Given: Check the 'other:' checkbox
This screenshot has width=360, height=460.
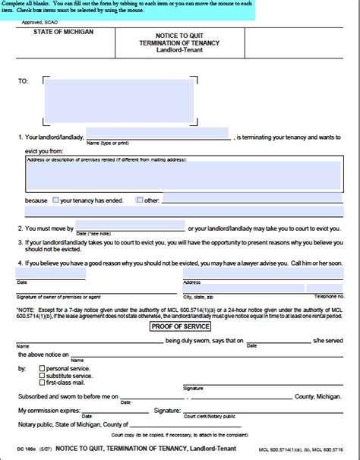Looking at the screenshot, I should tap(139, 200).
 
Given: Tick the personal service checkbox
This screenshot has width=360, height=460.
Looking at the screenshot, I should tap(42, 367).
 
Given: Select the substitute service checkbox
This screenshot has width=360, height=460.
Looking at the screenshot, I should tap(42, 375).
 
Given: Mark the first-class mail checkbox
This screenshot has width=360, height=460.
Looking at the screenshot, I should tap(42, 383).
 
